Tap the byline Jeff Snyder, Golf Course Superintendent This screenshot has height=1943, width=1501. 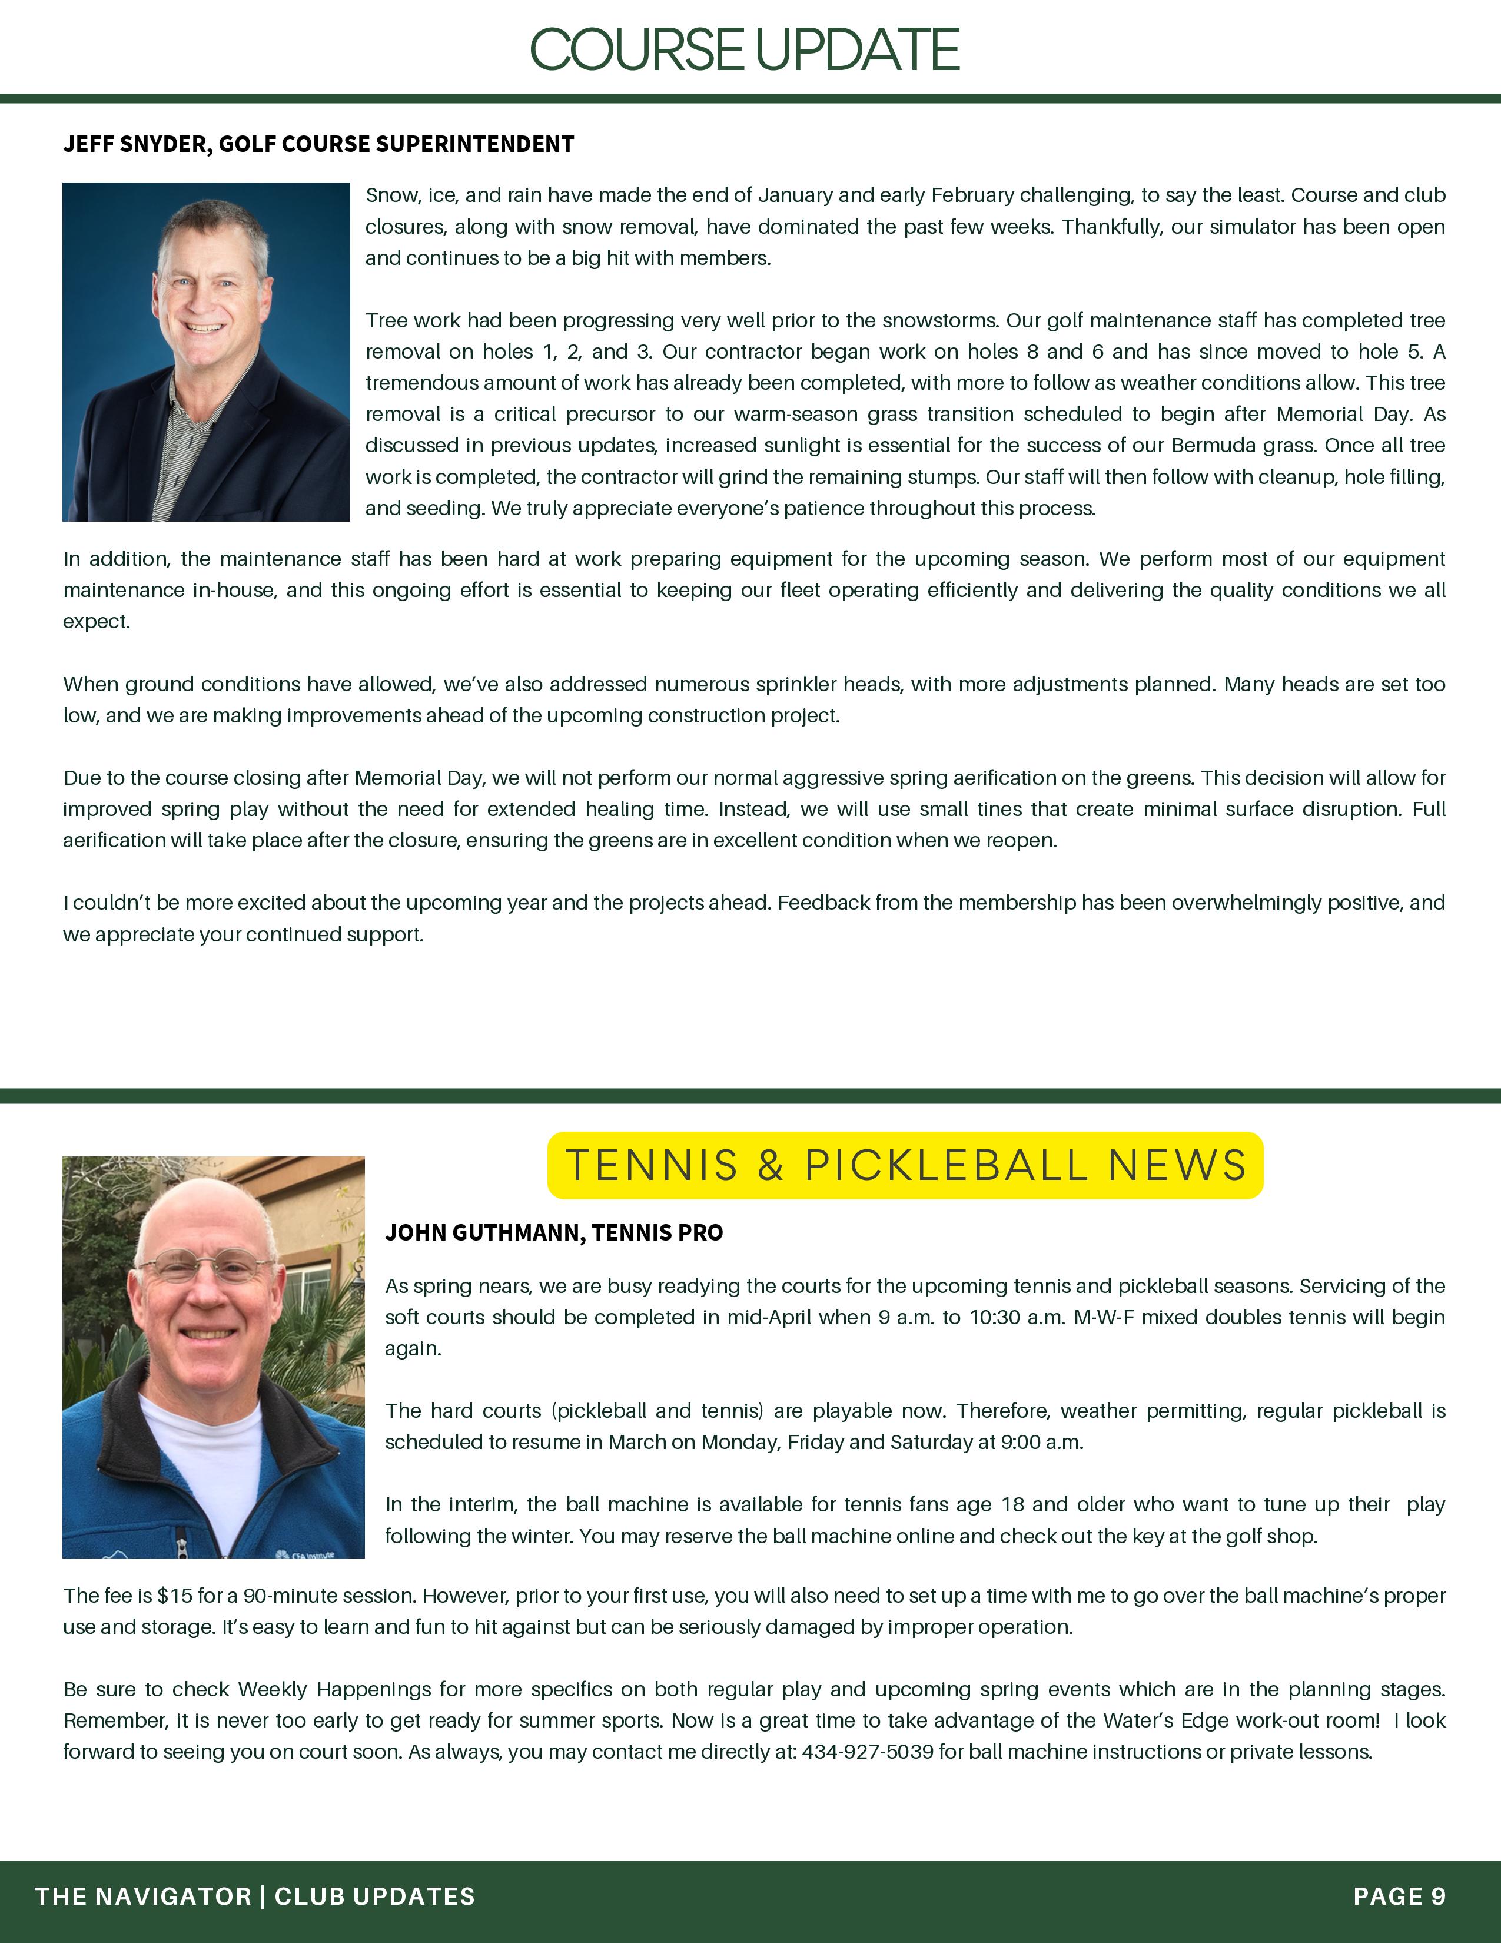point(318,144)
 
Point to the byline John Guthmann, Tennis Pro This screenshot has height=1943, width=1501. point(553,1232)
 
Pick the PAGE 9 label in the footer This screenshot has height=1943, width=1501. point(1399,1896)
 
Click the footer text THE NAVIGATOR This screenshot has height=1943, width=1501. point(143,1896)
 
